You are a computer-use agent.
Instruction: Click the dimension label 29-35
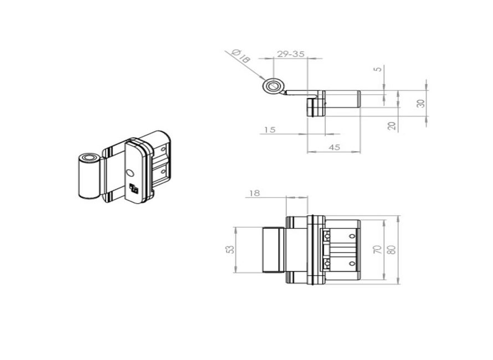(x=291, y=54)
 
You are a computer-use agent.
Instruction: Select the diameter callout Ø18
(x=240, y=55)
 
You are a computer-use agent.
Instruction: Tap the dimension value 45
(x=334, y=147)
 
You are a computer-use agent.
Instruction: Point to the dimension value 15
(x=270, y=130)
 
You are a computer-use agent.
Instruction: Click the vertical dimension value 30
(x=420, y=103)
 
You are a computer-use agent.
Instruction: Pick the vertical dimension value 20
(x=392, y=126)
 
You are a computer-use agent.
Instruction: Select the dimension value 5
(x=379, y=68)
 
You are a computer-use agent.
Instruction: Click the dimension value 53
(x=230, y=249)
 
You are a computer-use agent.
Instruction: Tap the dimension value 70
(x=377, y=249)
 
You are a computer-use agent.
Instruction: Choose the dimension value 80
(x=392, y=249)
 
